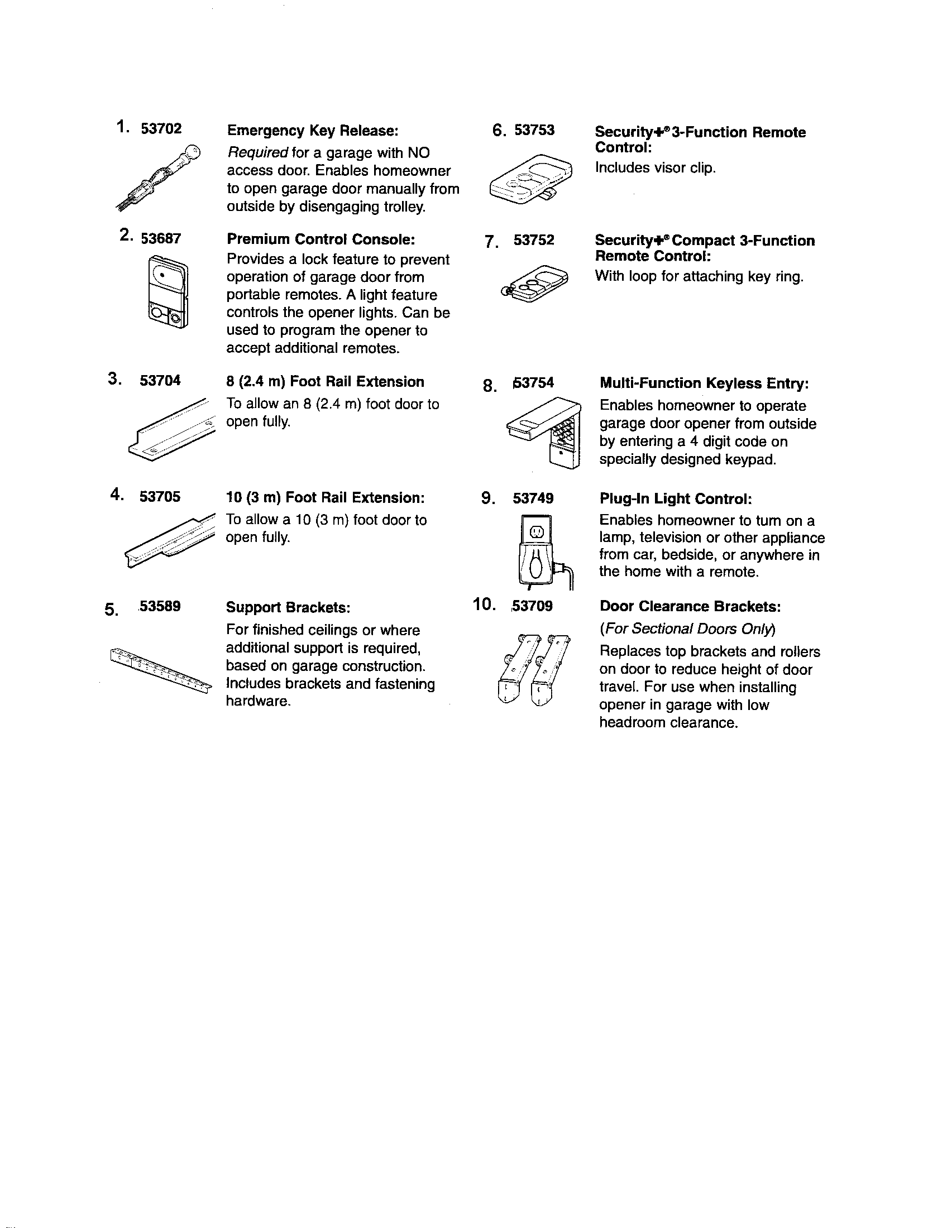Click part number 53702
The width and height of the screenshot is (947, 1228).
coord(161,129)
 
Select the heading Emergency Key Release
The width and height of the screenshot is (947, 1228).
coord(312,131)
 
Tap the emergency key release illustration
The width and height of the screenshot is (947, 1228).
coord(159,178)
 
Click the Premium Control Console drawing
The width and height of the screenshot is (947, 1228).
coord(168,291)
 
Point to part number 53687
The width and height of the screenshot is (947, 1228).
coord(161,239)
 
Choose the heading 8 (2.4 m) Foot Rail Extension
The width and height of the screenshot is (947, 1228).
coord(325,382)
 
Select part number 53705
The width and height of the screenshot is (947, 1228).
coord(160,496)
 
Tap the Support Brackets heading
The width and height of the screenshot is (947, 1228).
coord(288,607)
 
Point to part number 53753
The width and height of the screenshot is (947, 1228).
coord(534,130)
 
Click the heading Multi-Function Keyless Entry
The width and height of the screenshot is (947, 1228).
coord(704,383)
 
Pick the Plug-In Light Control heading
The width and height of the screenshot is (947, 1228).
coord(676,498)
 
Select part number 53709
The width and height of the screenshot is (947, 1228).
coord(533,606)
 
